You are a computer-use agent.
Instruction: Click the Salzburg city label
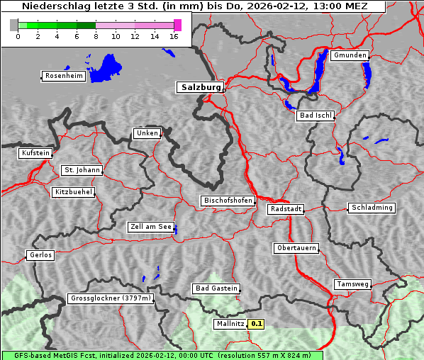[x=200, y=87]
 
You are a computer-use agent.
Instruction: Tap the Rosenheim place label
[x=63, y=76]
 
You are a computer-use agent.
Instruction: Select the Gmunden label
[x=350, y=55]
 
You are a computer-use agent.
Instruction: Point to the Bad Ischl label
[x=315, y=116]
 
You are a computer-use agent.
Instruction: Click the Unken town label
[x=147, y=133]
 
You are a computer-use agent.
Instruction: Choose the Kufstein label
[x=35, y=153]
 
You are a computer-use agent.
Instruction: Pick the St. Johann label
[x=82, y=170]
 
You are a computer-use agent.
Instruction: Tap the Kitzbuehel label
[x=73, y=192]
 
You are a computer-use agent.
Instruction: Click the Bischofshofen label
[x=228, y=201]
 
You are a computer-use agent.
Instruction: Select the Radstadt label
[x=286, y=209]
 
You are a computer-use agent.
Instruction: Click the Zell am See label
[x=151, y=227]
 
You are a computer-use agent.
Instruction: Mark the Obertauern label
[x=296, y=248]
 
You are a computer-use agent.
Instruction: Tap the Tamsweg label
[x=352, y=284]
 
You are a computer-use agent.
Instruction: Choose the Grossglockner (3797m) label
[x=111, y=299]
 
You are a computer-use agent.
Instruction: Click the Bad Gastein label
[x=216, y=288]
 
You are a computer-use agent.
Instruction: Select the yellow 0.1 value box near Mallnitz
[x=257, y=324]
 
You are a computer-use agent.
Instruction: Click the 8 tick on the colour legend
[x=96, y=35]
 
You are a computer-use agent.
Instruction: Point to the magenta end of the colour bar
[x=177, y=25]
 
